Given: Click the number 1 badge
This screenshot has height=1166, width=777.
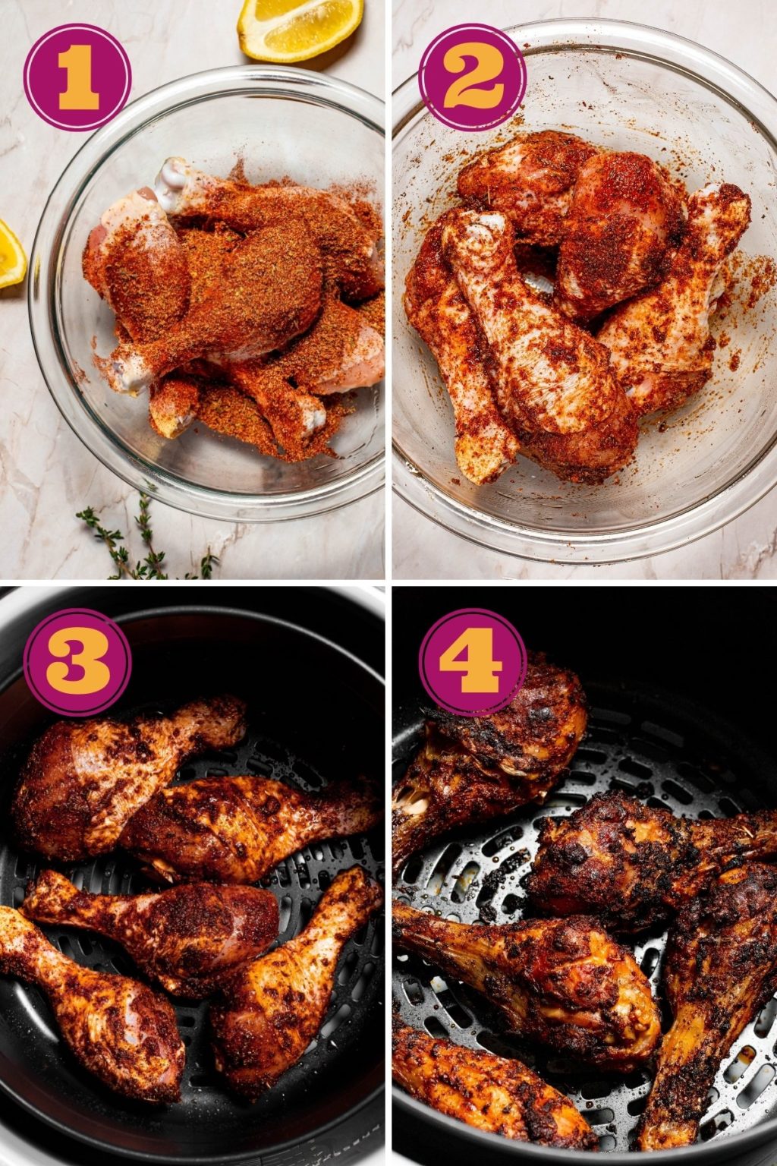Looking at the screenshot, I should (77, 77).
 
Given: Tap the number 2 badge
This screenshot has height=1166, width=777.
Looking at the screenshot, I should (472, 77).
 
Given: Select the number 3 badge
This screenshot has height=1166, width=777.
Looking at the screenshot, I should (77, 661).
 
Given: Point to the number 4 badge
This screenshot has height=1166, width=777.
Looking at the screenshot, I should (472, 661).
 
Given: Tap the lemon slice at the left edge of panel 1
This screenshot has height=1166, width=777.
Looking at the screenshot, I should (11, 254).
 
